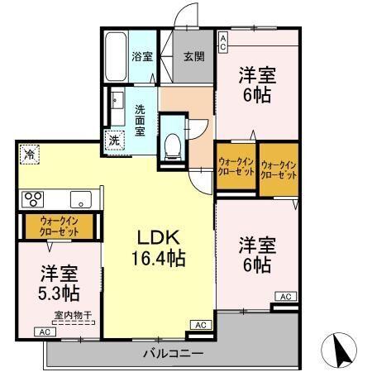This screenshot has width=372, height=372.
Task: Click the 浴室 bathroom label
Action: click(x=142, y=57)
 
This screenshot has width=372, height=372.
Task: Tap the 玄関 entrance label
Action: click(x=193, y=57)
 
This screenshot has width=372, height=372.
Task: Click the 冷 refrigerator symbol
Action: click(x=30, y=155)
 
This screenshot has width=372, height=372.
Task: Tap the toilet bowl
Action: click(x=173, y=145)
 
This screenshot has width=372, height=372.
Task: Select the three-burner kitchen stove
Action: click(x=34, y=198)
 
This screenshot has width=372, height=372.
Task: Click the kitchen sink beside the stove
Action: click(x=81, y=198)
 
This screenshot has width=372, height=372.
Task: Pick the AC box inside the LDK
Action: click(x=199, y=325)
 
